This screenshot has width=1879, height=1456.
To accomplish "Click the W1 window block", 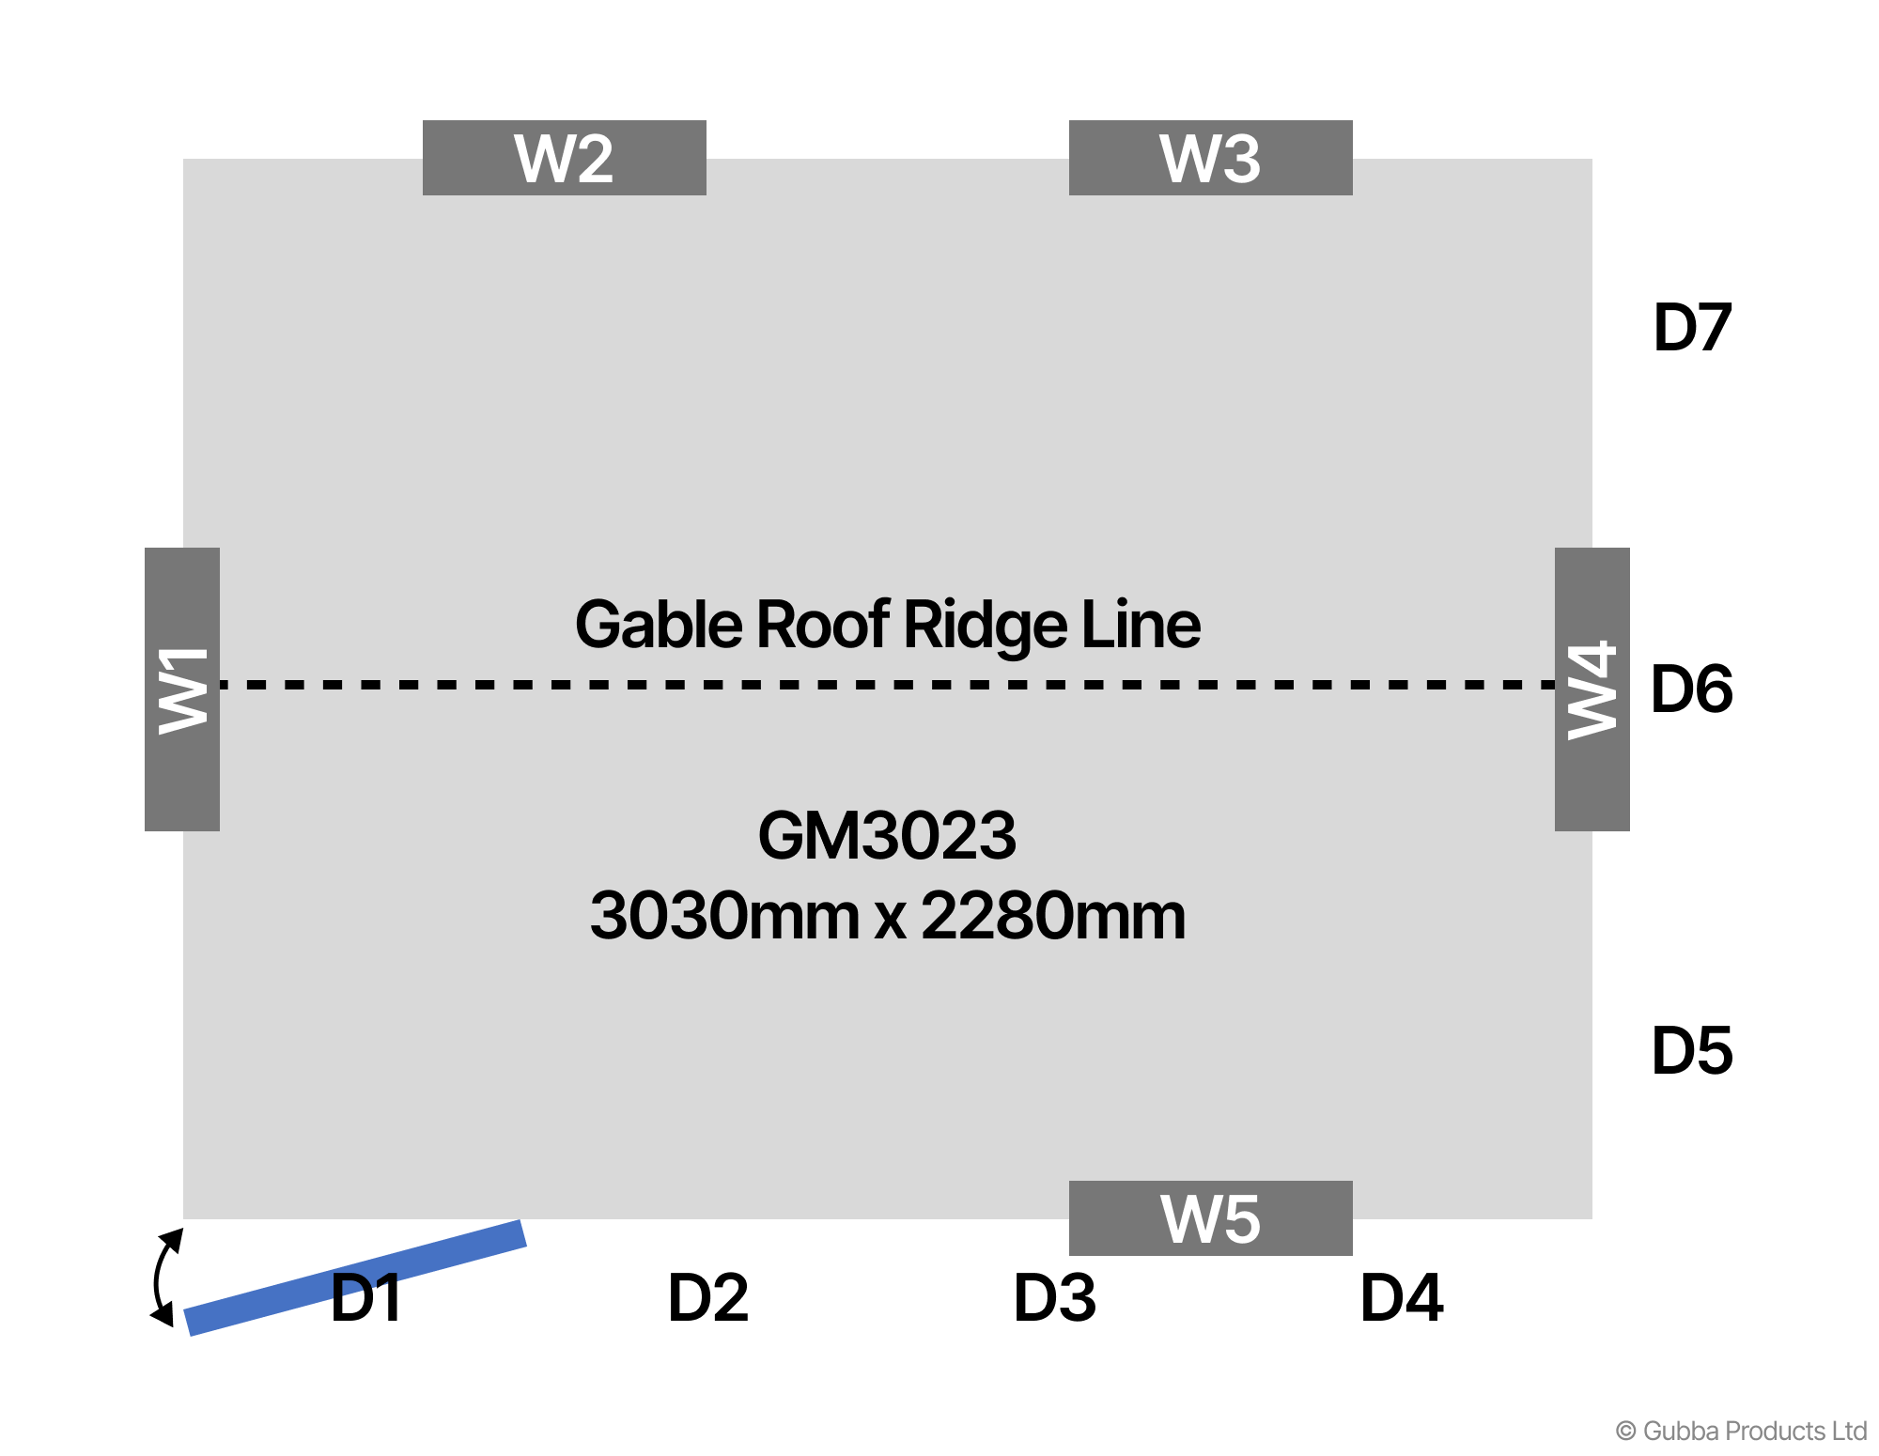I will [182, 689].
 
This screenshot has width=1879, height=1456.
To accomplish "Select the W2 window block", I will [564, 158].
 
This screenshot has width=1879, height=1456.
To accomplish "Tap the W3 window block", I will [1210, 158].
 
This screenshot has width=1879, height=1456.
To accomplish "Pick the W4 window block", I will [1592, 689].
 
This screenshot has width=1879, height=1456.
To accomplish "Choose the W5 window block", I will [1210, 1218].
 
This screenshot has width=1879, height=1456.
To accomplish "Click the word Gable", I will [659, 625].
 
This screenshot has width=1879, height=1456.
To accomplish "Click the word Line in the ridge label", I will [1141, 625].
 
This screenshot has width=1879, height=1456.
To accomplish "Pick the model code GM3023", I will [887, 835].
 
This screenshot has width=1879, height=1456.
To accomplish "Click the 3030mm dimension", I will [723, 915].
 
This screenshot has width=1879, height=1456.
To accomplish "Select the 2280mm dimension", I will [1053, 915].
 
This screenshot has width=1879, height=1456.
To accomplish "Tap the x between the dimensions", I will [890, 919].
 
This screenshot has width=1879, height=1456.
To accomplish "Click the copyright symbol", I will [1625, 1431].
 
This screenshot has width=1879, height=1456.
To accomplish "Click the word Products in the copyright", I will [1776, 1431].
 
